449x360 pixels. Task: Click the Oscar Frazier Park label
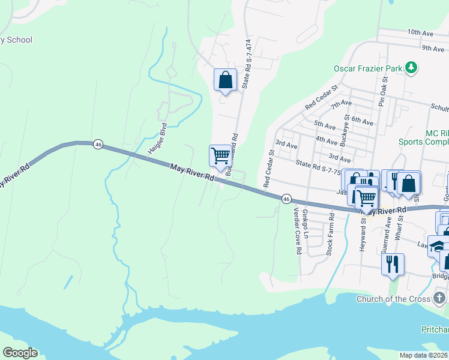click(x=367, y=68)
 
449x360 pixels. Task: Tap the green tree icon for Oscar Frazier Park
click(x=411, y=68)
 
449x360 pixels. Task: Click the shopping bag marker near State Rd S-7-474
click(x=225, y=80)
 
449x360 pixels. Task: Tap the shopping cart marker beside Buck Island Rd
click(x=221, y=156)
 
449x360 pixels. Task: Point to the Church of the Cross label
click(x=394, y=299)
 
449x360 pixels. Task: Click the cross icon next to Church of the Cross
click(x=440, y=298)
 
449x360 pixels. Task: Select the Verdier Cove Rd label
click(x=296, y=231)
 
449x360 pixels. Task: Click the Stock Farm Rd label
click(x=330, y=239)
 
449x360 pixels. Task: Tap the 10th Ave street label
click(x=419, y=32)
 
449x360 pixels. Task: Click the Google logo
click(x=20, y=353)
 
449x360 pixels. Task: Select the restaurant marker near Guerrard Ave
click(x=393, y=265)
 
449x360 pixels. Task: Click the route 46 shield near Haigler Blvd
click(x=98, y=144)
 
